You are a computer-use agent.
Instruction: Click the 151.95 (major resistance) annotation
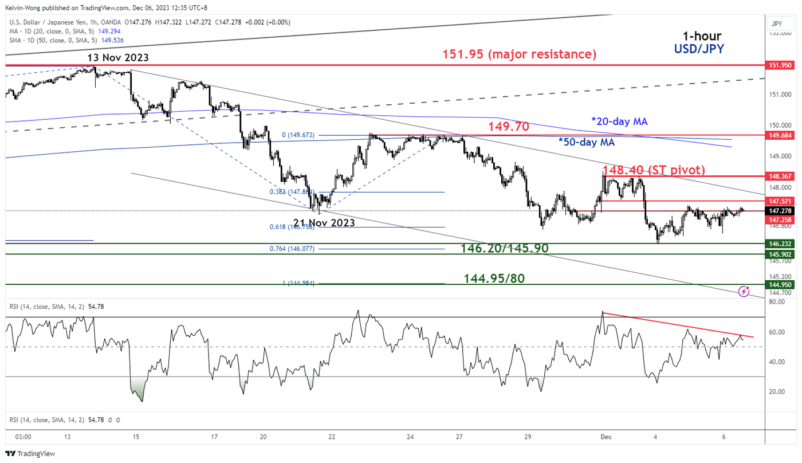click(519, 54)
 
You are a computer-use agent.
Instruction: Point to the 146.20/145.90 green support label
click(505, 248)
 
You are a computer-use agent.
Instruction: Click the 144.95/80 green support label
click(494, 278)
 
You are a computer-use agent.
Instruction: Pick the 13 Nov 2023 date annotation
click(118, 57)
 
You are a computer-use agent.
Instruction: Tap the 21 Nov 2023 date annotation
click(324, 223)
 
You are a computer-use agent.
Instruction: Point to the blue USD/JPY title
click(699, 49)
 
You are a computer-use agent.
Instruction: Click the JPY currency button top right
click(777, 24)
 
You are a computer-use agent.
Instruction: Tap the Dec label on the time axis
click(607, 437)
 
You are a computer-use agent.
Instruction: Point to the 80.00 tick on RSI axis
click(777, 301)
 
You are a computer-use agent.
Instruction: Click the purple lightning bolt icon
click(744, 291)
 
